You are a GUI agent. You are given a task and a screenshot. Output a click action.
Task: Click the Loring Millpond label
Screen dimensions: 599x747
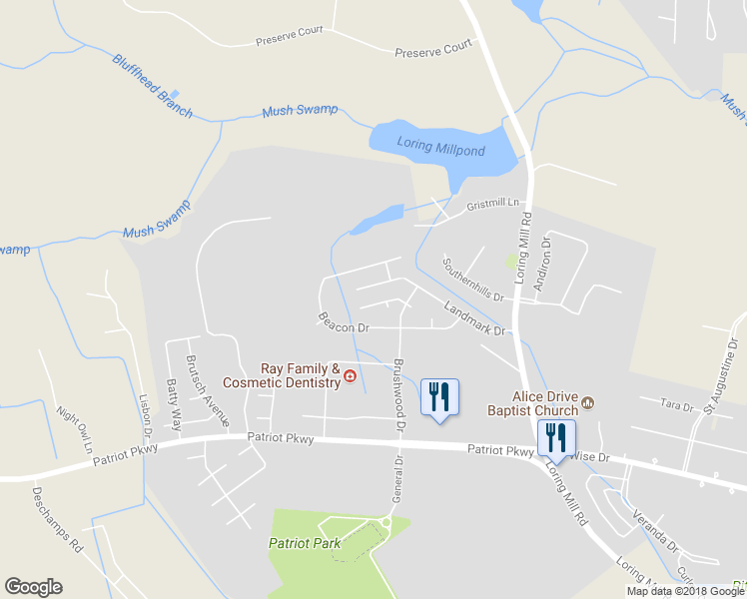[x=440, y=148]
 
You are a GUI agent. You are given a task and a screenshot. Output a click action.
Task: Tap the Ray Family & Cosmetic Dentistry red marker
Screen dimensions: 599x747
[x=351, y=376]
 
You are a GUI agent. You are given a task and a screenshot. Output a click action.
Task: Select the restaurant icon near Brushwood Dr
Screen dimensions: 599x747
[x=439, y=397]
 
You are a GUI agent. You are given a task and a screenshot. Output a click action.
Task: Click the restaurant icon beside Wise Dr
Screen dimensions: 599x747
[x=554, y=437]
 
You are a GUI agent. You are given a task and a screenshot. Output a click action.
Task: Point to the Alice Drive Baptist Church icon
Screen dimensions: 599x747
[x=588, y=402]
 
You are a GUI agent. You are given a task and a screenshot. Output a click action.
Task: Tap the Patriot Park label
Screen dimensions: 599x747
[x=305, y=543]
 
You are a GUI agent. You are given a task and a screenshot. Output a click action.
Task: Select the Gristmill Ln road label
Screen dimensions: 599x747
[x=494, y=205]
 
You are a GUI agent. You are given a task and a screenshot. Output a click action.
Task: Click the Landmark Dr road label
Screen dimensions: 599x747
[x=475, y=318]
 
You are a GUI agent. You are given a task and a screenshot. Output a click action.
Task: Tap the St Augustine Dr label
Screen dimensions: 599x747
[x=721, y=375]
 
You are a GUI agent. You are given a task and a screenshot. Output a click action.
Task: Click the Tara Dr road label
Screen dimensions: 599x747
[x=677, y=404]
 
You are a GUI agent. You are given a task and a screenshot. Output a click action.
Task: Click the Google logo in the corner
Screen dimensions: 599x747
[x=33, y=587]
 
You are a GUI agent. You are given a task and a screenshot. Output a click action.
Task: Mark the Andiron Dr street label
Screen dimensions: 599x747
[x=542, y=264]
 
